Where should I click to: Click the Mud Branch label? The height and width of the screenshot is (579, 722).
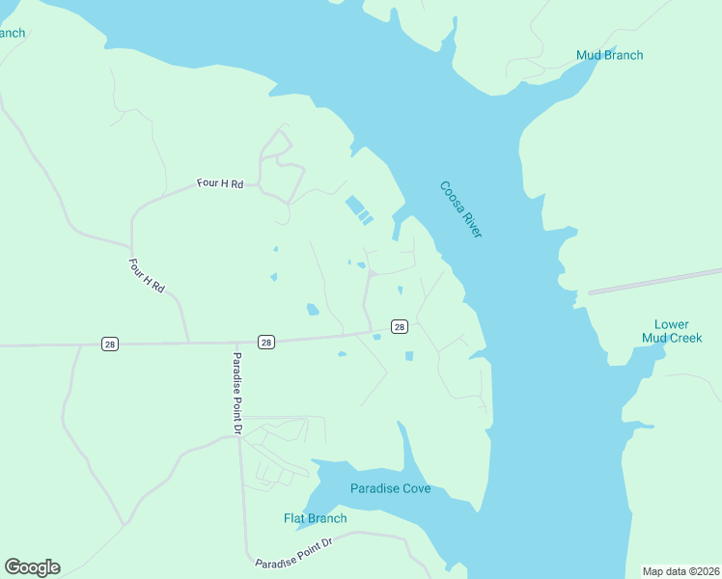[609, 55]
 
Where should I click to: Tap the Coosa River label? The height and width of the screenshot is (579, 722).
[460, 209]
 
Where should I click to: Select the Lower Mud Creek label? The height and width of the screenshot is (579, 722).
[672, 331]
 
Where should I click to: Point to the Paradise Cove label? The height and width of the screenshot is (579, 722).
[390, 488]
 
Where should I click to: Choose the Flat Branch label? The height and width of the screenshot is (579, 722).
[315, 518]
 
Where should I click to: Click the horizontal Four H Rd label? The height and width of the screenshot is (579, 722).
[220, 182]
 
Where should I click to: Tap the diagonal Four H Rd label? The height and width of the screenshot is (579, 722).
[148, 275]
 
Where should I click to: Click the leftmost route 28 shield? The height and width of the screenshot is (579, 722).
[111, 344]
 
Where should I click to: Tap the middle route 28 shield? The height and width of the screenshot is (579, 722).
[266, 342]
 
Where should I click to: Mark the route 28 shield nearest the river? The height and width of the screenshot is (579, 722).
[399, 327]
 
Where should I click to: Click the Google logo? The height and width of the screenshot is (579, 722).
[32, 567]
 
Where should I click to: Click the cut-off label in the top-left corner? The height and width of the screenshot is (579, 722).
[12, 33]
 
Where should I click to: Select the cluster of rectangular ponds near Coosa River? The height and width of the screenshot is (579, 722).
[358, 209]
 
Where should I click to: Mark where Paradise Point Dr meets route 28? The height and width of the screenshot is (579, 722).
[237, 342]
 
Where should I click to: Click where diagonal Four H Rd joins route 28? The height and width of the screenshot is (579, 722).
[188, 343]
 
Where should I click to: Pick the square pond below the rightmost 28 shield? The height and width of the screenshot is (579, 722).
[409, 356]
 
